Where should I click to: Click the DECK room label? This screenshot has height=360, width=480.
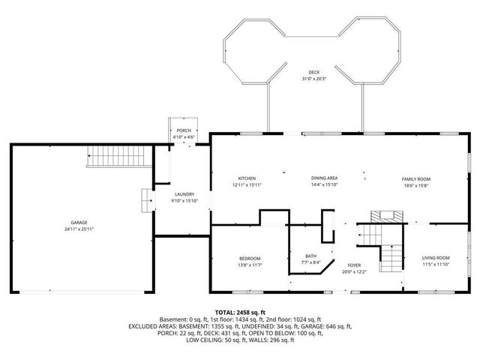coord(313,73)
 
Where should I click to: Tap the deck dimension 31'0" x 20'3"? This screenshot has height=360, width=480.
coord(313,79)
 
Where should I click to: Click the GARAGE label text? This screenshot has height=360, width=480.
coord(79,223)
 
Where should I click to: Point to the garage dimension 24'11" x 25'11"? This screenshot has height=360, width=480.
coord(79,229)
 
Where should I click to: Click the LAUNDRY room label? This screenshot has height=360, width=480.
coord(184,194)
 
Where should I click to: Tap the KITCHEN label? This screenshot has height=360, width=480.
coord(247,178)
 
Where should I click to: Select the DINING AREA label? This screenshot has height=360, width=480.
coord(325,178)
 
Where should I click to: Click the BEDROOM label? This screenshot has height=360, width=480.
coord(249,259)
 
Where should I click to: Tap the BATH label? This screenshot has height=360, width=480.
coord(310,256)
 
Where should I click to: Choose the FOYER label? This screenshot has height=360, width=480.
coord(354,266)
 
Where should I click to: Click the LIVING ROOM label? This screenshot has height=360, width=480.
coord(435,258)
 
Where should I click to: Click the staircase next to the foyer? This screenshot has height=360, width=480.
coord(391,259)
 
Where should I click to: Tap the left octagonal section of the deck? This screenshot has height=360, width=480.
coord(253,52)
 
